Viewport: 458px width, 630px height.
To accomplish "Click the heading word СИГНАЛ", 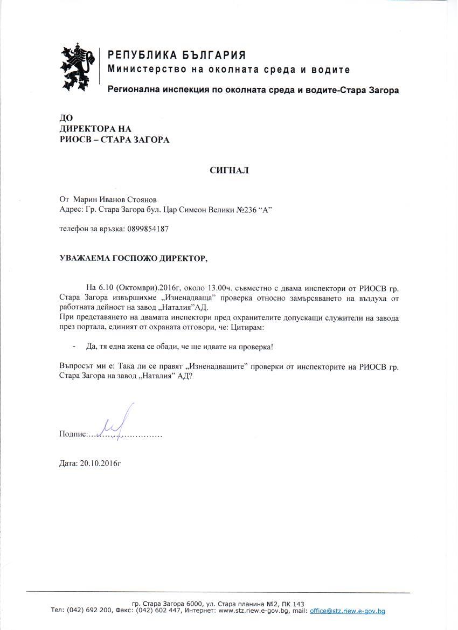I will point(230,170).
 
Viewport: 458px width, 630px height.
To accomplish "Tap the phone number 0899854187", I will point(148,229).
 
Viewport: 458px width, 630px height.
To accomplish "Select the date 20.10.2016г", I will point(100,463).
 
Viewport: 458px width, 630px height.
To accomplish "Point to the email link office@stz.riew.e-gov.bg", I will point(348,611).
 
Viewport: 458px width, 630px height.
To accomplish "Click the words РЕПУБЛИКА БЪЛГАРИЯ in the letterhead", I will point(177,55).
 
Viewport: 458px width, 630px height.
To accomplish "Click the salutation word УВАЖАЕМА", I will point(85,258).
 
